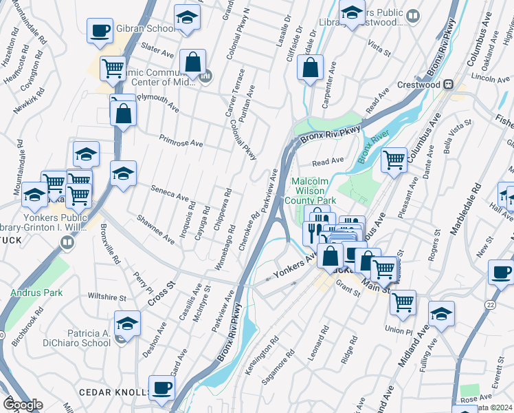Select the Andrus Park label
[x=36, y=293]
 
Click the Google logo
[x=23, y=405]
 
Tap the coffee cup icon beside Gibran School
[x=100, y=31]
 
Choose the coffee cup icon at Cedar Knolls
[x=163, y=388]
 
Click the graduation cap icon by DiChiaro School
[x=127, y=323]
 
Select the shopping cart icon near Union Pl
[x=403, y=301]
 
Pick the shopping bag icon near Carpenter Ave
[x=311, y=68]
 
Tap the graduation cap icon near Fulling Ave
[x=441, y=314]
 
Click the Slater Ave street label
[x=157, y=51]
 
